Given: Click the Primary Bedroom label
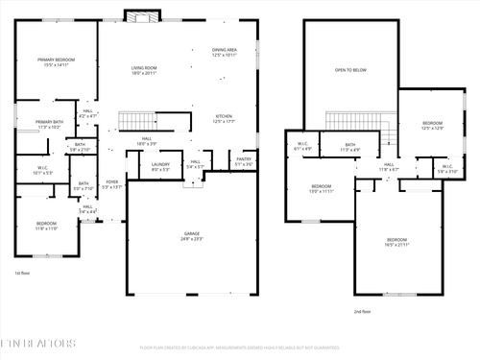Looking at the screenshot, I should pos(57,62).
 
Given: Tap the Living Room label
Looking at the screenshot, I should pos(144,69).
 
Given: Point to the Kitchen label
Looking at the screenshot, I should pos(223,119).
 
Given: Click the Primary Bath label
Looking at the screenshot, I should pos(49,124).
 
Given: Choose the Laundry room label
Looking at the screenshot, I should pos(159,167).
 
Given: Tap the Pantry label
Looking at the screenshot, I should pos(243,162).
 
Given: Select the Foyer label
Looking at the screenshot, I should pos(112,183).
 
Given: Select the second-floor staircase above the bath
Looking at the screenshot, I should pos(355,120).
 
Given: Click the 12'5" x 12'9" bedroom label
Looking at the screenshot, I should pos(433,126).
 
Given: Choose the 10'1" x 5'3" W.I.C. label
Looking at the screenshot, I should pos(43,171).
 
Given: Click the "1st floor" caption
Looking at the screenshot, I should pos(23,273).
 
